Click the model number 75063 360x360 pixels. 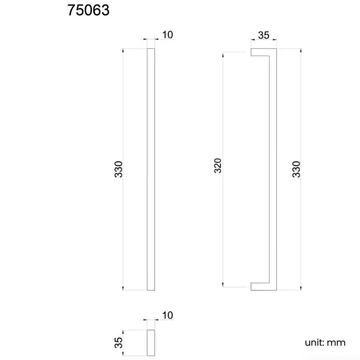(x=89, y=11)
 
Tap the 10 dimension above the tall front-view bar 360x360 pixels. (x=167, y=35)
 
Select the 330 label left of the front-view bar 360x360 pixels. (x=118, y=169)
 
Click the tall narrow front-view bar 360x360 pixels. (x=151, y=169)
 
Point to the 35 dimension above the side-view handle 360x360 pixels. (x=264, y=35)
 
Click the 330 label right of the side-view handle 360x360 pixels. (x=296, y=169)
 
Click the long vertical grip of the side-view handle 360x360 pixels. (x=272, y=169)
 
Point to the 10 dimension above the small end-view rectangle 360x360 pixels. (x=167, y=316)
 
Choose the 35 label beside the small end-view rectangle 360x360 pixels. (x=118, y=343)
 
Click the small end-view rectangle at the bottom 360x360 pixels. (x=151, y=343)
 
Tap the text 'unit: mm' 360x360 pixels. (x=325, y=342)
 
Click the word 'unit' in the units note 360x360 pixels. (x=313, y=342)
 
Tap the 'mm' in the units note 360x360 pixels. (x=337, y=342)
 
